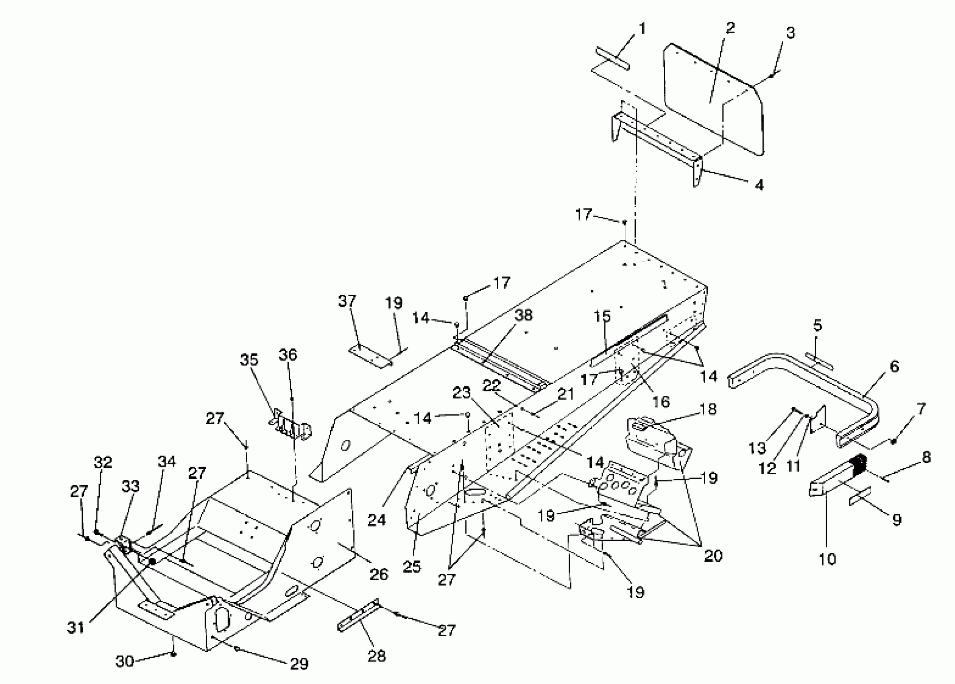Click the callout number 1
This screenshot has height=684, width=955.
coord(642,29)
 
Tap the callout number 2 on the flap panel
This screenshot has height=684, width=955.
coord(730,28)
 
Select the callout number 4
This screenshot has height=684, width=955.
coord(759,184)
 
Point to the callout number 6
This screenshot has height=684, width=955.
coord(894,366)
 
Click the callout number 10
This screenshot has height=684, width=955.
coord(827,559)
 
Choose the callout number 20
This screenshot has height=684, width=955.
coord(713,556)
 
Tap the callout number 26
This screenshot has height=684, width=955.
coord(378,574)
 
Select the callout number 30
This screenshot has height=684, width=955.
coord(125,661)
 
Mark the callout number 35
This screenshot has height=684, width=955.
coord(249,360)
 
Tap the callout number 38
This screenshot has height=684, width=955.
coord(524,315)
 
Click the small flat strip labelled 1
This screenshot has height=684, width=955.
coord(612,59)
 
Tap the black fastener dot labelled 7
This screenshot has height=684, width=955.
coord(893,441)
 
